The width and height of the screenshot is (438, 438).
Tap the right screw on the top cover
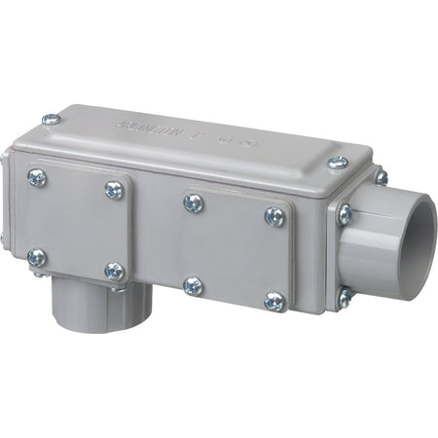coord(336,163)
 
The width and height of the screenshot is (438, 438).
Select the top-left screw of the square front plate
coord(37,177)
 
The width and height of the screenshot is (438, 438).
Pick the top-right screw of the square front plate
coord(114,191)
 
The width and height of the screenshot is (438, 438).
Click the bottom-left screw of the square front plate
coord(37,258)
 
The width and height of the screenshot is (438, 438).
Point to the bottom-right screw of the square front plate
coord(114,272)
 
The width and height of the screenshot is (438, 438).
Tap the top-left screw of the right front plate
coord(193,202)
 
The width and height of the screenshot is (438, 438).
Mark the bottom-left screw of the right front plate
coord(193,286)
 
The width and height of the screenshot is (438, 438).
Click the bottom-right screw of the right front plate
coord(275,302)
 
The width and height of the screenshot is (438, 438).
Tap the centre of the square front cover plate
coord(76,224)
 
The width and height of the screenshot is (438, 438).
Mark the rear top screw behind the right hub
coord(381,177)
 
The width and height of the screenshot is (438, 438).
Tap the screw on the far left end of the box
coord(5,237)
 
